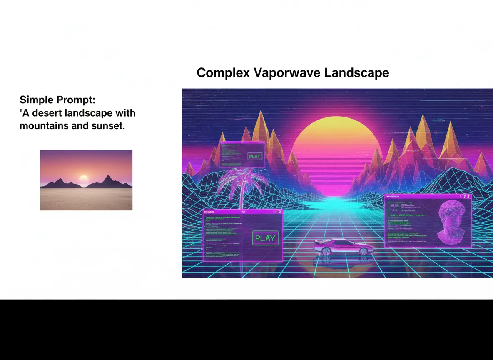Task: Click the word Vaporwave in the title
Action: pyautogui.click(x=287, y=73)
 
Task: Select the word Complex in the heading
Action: pyautogui.click(x=223, y=73)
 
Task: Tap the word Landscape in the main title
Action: pyautogui.click(x=356, y=73)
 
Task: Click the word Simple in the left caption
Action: pyautogui.click(x=36, y=100)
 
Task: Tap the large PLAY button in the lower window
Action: pyautogui.click(x=265, y=238)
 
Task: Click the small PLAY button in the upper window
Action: pyautogui.click(x=254, y=156)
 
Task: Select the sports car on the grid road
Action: pyautogui.click(x=342, y=246)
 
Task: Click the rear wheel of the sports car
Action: pyautogui.click(x=327, y=251)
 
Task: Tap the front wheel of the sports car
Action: pyautogui.click(x=364, y=251)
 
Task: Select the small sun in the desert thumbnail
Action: pyautogui.click(x=84, y=180)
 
